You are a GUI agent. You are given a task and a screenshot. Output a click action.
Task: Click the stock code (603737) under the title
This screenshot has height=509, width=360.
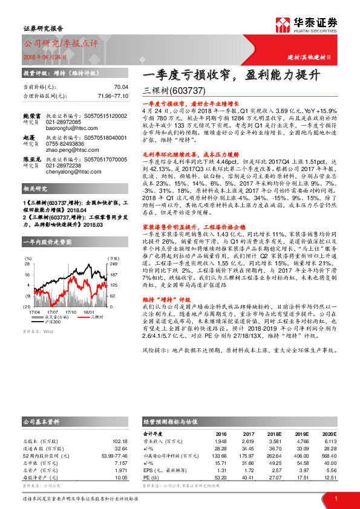pyautogui.click(x=178, y=90)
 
